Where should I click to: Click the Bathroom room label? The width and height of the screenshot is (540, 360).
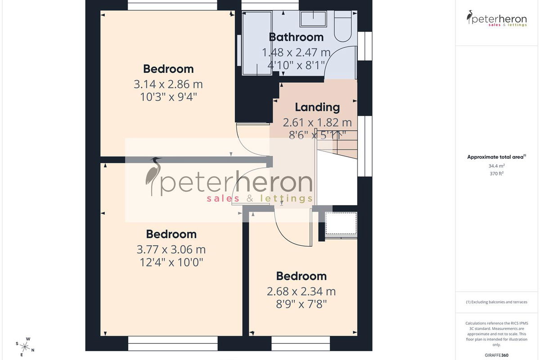pyautogui.click(x=296, y=37)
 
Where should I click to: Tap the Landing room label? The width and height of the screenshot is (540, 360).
pyautogui.click(x=317, y=107)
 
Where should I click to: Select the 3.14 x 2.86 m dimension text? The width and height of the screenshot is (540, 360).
pyautogui.click(x=168, y=85)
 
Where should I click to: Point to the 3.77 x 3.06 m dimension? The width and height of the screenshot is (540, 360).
pyautogui.click(x=171, y=250)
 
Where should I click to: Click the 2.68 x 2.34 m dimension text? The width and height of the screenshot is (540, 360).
pyautogui.click(x=301, y=292)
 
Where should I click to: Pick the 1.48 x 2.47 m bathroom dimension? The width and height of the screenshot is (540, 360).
pyautogui.click(x=296, y=53)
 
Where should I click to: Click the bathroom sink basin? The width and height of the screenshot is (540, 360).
pyautogui.click(x=313, y=18)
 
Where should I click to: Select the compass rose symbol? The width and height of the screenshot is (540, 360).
pyautogui.click(x=25, y=347)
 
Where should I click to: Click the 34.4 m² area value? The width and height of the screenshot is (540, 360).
pyautogui.click(x=497, y=166)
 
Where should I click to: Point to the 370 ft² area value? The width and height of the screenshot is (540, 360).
pyautogui.click(x=497, y=173)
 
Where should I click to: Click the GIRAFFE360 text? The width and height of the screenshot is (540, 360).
pyautogui.click(x=497, y=355)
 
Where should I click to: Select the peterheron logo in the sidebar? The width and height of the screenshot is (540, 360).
pyautogui.click(x=497, y=18)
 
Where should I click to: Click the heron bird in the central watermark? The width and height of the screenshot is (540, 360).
pyautogui.click(x=153, y=176)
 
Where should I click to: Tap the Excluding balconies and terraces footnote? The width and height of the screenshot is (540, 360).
pyautogui.click(x=497, y=302)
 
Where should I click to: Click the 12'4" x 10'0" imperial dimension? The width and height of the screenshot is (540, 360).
pyautogui.click(x=171, y=262)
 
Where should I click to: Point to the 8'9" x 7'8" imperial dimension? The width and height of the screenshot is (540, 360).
pyautogui.click(x=301, y=304)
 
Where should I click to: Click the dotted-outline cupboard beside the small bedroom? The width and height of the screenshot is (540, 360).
pyautogui.click(x=341, y=223)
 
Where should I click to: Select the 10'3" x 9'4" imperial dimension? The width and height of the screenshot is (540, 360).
pyautogui.click(x=168, y=97)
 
